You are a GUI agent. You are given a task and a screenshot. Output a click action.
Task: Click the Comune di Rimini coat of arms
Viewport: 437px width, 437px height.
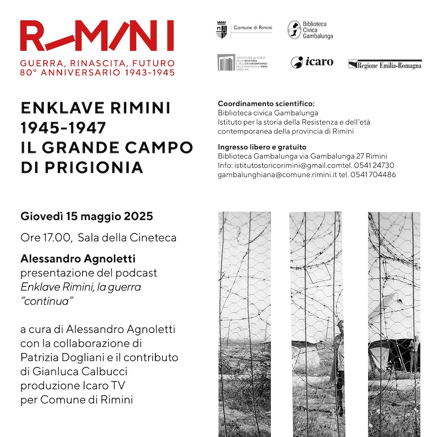(x=221, y=30)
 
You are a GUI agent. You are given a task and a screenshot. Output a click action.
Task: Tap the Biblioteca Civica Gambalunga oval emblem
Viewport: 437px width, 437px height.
(x=294, y=30)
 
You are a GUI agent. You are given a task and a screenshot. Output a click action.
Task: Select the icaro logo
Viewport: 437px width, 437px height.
(x=312, y=62)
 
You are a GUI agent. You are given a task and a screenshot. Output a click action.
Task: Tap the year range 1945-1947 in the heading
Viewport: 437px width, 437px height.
(x=63, y=128)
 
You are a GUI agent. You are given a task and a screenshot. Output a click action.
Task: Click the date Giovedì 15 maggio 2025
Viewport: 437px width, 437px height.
(x=87, y=216)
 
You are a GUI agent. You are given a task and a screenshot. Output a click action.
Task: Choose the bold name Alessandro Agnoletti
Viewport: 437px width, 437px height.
(x=78, y=259)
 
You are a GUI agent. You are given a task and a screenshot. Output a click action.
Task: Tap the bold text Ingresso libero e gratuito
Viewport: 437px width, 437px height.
(x=262, y=147)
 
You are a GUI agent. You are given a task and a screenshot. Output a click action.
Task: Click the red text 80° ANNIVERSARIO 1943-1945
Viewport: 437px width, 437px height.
(x=98, y=73)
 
